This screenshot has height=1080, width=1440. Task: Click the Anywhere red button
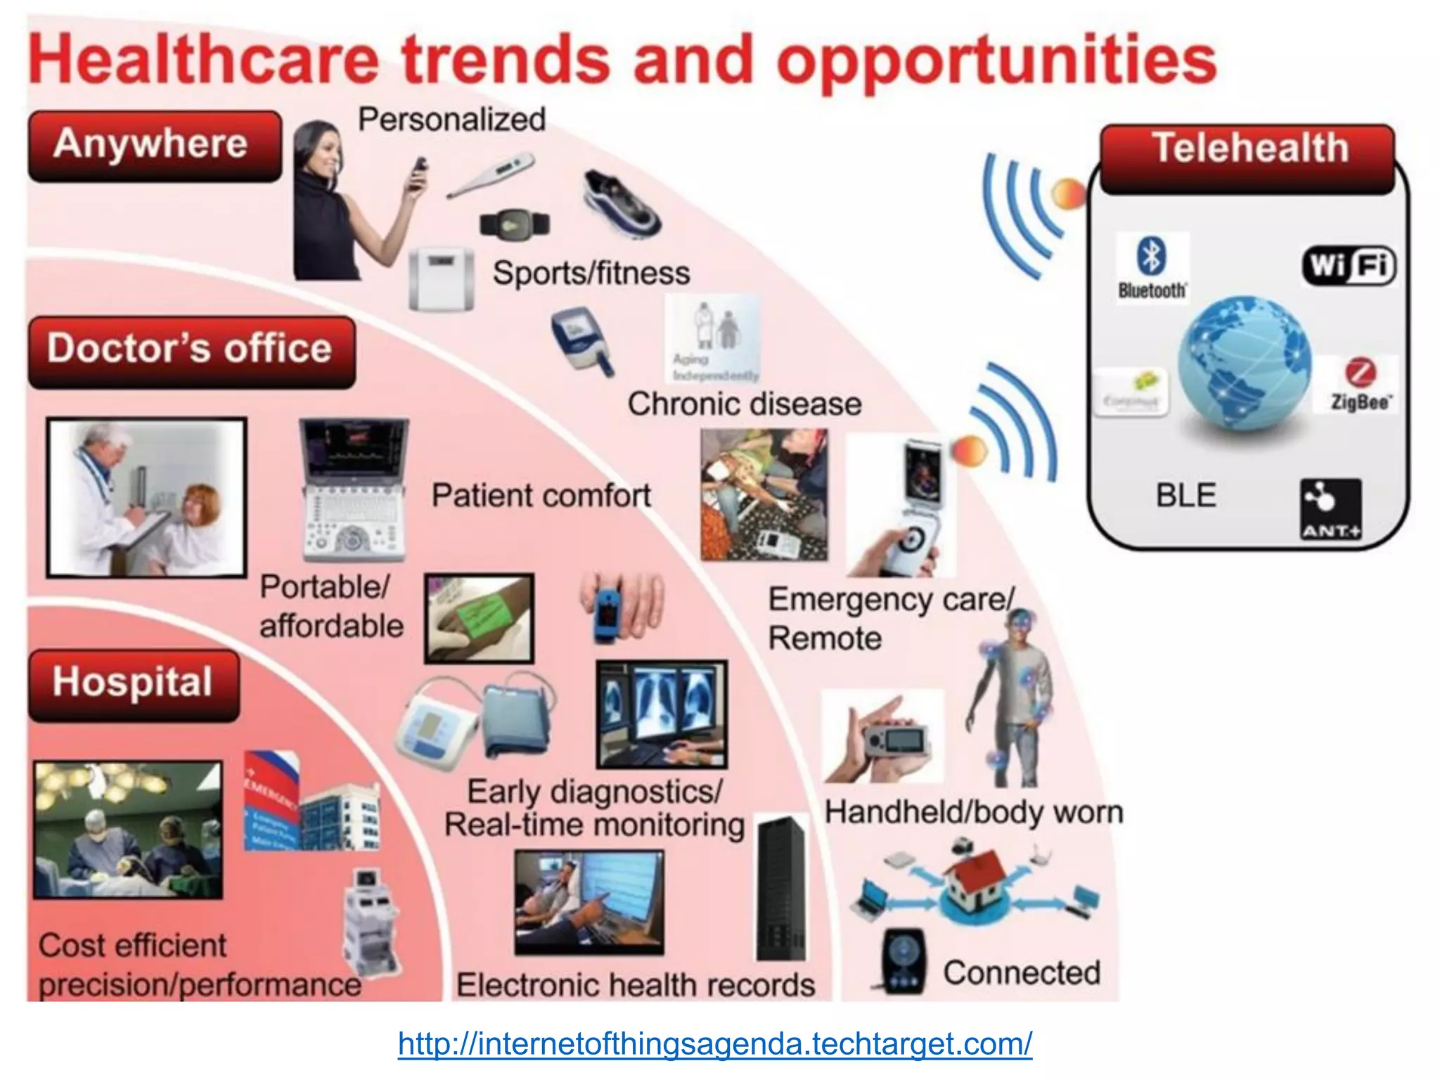[154, 146]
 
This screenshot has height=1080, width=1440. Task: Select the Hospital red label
[134, 684]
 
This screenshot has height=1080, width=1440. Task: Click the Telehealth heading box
[1247, 158]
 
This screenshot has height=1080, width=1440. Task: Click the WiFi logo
[1349, 265]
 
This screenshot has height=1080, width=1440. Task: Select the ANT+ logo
[1330, 509]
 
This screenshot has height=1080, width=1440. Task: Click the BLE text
[1185, 496]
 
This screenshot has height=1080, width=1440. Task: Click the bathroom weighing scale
[442, 278]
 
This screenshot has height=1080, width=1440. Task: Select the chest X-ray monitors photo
[661, 713]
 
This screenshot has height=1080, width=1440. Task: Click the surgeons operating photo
[128, 830]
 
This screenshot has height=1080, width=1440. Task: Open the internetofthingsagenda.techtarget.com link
[714, 1043]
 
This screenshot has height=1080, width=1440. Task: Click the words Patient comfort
[541, 496]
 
